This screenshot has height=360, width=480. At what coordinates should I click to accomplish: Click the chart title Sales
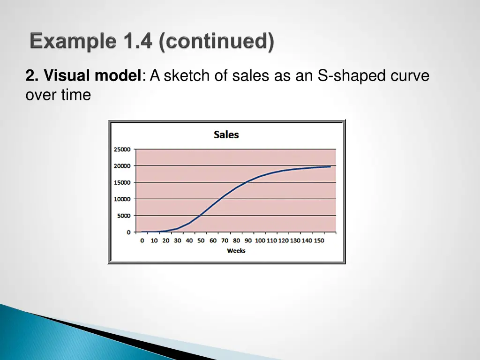tap(226, 135)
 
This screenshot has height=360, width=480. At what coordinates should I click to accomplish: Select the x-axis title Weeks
tap(236, 251)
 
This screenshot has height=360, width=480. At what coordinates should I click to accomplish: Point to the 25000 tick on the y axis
tap(122, 150)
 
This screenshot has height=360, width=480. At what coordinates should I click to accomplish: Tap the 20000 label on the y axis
tap(122, 166)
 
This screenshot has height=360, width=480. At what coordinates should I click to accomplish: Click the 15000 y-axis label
tap(122, 183)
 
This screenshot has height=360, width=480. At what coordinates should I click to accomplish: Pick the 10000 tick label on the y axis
tap(122, 199)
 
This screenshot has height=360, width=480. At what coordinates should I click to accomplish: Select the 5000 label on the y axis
tap(123, 216)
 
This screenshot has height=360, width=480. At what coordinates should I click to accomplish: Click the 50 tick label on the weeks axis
tap(201, 240)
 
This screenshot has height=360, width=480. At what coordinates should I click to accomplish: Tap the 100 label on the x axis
tap(260, 240)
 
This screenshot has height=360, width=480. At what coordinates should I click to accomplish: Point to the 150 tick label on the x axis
tap(318, 240)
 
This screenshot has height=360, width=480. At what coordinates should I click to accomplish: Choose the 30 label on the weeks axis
tap(178, 240)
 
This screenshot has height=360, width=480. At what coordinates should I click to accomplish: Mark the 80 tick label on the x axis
tap(236, 240)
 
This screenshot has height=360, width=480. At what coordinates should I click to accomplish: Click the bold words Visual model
tap(91, 75)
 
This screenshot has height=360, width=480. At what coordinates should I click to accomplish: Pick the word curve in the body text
tap(409, 75)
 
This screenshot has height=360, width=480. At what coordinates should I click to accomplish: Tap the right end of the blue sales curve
tap(330, 166)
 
